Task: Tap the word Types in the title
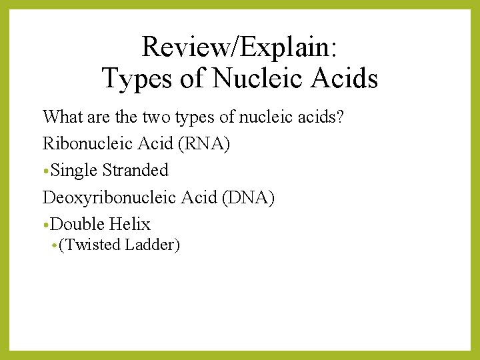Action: tap(136, 79)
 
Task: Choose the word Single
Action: tap(74, 170)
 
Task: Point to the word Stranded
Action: tap(135, 170)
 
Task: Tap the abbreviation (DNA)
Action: tap(247, 197)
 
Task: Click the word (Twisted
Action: tap(83, 245)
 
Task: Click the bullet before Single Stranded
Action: tap(46, 171)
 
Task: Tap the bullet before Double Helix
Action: tap(46, 225)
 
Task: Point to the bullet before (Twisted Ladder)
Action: tap(54, 246)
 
